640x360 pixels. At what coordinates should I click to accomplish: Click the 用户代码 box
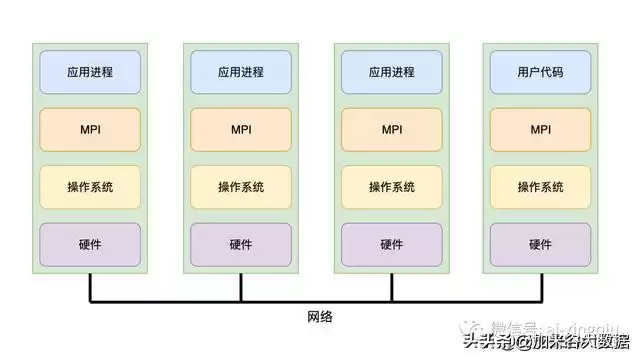pyautogui.click(x=541, y=72)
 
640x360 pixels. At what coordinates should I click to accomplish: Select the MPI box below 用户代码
pyautogui.click(x=541, y=129)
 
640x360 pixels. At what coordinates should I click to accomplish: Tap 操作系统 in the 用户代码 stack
pyautogui.click(x=541, y=187)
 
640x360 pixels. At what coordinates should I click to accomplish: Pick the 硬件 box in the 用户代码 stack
pyautogui.click(x=541, y=244)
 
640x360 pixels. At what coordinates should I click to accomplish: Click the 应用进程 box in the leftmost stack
pyautogui.click(x=90, y=72)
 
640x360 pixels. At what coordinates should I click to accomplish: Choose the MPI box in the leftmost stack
pyautogui.click(x=90, y=129)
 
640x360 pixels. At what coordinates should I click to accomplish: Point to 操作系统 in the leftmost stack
pyautogui.click(x=90, y=187)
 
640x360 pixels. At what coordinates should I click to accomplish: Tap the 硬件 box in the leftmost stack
pyautogui.click(x=90, y=244)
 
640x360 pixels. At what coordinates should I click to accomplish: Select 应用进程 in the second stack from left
pyautogui.click(x=241, y=72)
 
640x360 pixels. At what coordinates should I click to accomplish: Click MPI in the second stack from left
pyautogui.click(x=241, y=129)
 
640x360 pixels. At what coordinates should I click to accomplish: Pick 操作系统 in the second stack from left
pyautogui.click(x=241, y=187)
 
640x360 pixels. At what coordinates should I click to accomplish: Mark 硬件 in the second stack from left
pyautogui.click(x=241, y=244)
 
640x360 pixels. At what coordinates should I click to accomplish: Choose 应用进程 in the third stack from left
pyautogui.click(x=391, y=72)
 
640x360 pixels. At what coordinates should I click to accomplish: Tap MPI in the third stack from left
pyautogui.click(x=391, y=129)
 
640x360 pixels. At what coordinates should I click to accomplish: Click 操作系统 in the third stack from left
pyautogui.click(x=391, y=187)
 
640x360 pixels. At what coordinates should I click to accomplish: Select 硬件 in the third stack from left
pyautogui.click(x=391, y=244)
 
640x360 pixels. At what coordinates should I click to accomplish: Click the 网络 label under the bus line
pyautogui.click(x=320, y=317)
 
